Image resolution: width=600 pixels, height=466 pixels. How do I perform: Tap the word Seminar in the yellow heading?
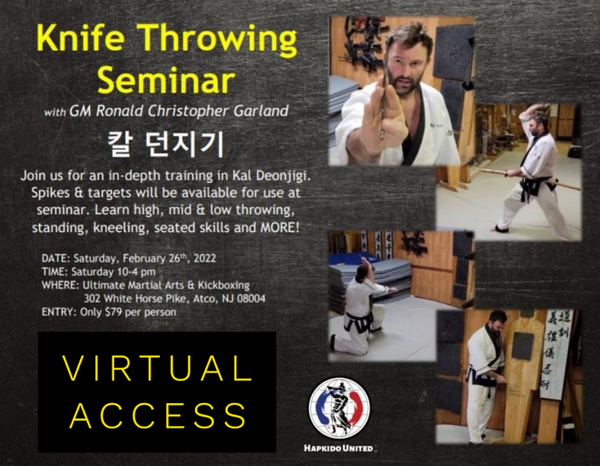pos(166,80)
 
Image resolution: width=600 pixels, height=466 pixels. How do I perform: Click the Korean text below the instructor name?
pos(166,144)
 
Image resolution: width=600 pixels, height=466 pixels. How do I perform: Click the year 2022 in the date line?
pos(205,259)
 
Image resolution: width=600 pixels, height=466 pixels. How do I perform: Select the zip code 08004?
pos(251,298)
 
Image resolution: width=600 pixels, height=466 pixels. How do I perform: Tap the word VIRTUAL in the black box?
pos(157,369)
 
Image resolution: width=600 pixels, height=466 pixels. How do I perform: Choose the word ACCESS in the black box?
pos(158,415)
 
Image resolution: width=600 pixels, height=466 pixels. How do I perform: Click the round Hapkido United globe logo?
pos(340,408)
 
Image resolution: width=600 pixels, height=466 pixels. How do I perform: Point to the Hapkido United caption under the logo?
pos(339,448)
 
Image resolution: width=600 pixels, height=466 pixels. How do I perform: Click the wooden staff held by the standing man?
pos(530,179)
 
